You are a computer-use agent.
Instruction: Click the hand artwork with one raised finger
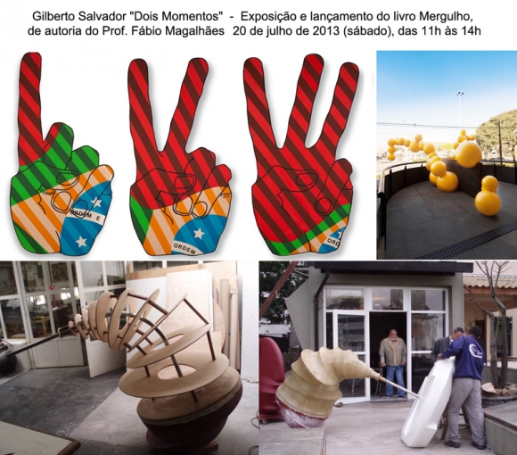(62, 155)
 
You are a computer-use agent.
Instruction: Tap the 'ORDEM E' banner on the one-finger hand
(87, 215)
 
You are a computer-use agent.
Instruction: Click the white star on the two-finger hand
(199, 233)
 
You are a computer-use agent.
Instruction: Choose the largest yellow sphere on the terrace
(469, 155)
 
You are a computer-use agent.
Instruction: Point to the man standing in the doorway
(392, 362)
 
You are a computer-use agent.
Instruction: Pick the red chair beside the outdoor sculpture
(271, 379)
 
